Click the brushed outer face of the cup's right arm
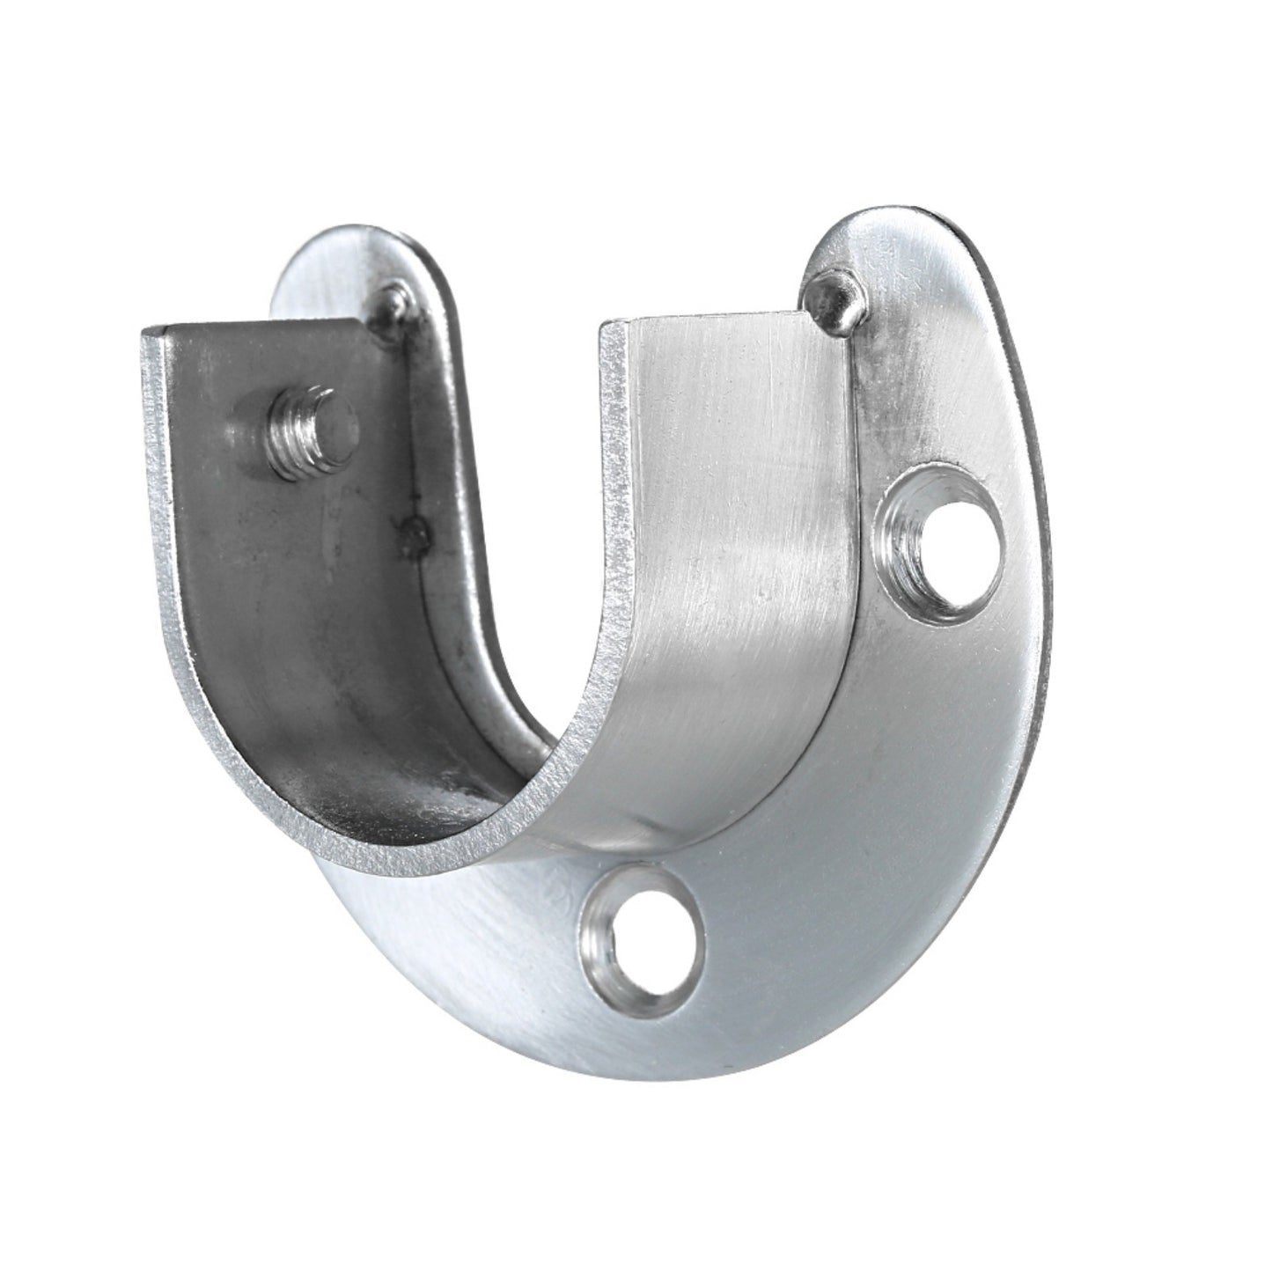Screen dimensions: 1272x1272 (x=731, y=563)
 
